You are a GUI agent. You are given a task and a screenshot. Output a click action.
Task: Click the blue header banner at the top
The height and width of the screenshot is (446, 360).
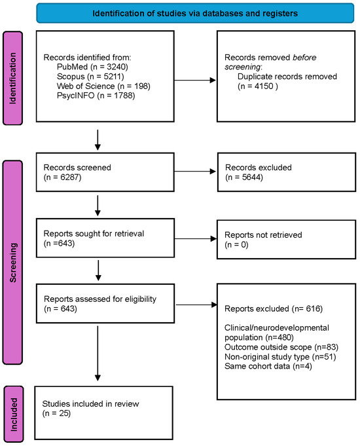pyautogui.click(x=195, y=13)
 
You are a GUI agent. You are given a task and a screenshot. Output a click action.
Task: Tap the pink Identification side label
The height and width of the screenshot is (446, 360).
pyautogui.click(x=13, y=78)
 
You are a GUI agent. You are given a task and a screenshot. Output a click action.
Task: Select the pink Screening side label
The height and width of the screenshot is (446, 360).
pyautogui.click(x=13, y=262)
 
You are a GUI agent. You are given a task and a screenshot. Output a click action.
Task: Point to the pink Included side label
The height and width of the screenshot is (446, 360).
pyautogui.click(x=14, y=414)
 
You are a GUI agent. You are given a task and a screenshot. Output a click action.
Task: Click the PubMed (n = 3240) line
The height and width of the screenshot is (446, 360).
pyautogui.click(x=92, y=67)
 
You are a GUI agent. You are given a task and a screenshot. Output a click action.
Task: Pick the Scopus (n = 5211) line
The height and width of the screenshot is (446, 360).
pyautogui.click(x=90, y=77)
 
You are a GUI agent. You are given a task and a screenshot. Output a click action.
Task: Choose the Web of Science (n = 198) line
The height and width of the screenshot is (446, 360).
pyautogui.click(x=103, y=86)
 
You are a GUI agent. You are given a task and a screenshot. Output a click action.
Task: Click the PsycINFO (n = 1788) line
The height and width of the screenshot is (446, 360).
pyautogui.click(x=96, y=95)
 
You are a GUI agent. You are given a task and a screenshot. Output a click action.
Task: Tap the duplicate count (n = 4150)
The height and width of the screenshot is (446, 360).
pyautogui.click(x=258, y=86)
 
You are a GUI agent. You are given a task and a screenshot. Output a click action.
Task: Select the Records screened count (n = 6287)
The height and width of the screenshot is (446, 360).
pyautogui.click(x=63, y=177)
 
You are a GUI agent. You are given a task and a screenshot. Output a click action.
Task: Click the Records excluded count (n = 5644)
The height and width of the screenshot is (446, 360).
pyautogui.click(x=244, y=177)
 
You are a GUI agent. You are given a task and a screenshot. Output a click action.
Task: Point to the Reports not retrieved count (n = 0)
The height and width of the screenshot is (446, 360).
pyautogui.click(x=236, y=245)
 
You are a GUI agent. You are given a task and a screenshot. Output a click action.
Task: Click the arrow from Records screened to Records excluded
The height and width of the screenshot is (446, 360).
pyautogui.click(x=195, y=171)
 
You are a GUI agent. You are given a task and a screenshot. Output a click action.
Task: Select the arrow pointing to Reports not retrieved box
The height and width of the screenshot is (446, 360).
pyautogui.click(x=195, y=238)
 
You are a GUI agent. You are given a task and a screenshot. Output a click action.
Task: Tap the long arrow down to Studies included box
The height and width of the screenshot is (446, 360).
pyautogui.click(x=98, y=354)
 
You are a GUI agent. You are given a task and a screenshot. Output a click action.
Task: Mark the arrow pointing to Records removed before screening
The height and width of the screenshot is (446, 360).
pyautogui.click(x=195, y=80)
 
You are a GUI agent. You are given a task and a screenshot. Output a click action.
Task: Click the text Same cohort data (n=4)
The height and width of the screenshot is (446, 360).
pyautogui.click(x=268, y=366)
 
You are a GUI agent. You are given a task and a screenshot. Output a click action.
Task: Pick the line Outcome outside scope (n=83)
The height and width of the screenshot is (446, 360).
pyautogui.click(x=281, y=347)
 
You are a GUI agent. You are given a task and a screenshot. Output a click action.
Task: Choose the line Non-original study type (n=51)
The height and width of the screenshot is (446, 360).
pyautogui.click(x=280, y=357)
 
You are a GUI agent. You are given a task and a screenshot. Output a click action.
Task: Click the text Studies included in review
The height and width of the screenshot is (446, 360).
pyautogui.click(x=90, y=403)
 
